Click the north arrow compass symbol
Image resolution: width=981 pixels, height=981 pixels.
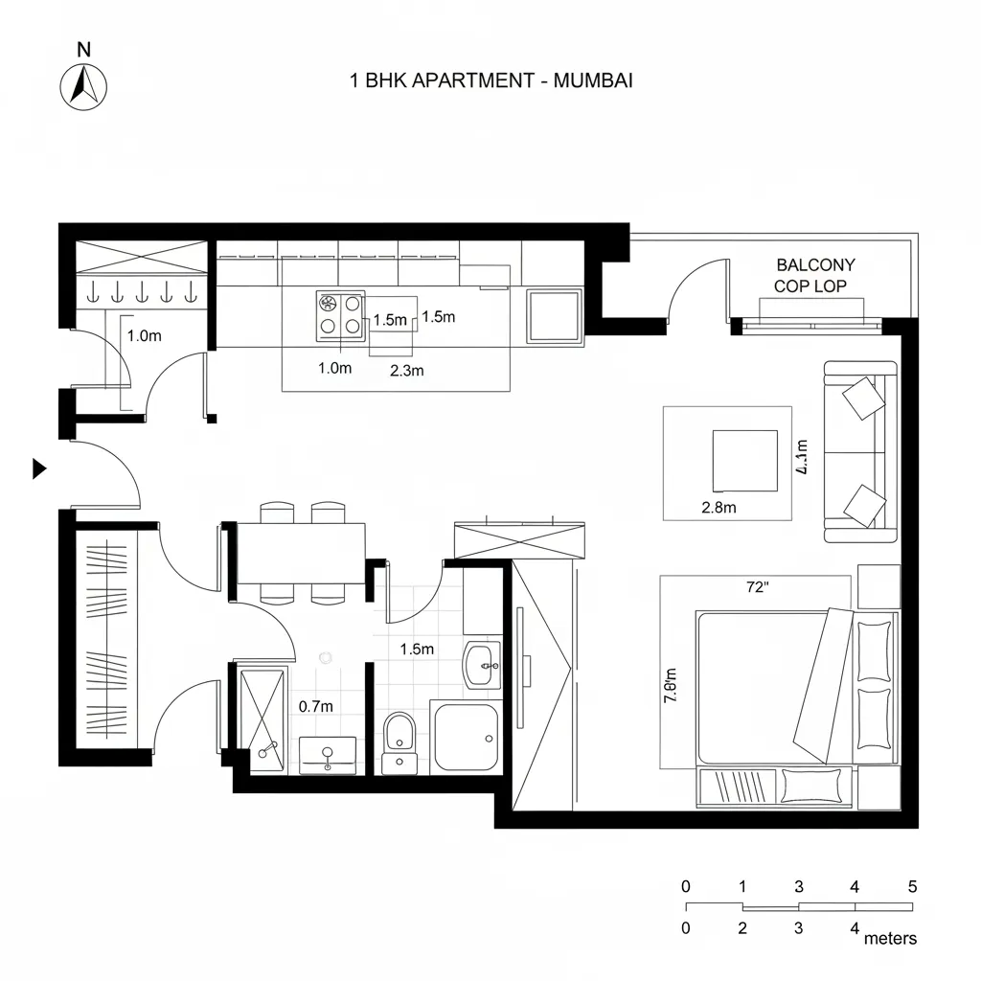click(x=84, y=85)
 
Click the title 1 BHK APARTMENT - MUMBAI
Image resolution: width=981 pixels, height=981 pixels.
click(x=491, y=80)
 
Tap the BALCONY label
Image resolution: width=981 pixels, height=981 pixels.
click(x=815, y=264)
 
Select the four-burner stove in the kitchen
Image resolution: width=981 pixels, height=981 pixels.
click(x=341, y=316)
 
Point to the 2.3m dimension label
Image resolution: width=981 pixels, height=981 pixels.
click(x=407, y=371)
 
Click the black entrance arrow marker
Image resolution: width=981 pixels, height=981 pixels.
click(x=39, y=468)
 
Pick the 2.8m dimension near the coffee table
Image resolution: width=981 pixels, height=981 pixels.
click(x=719, y=508)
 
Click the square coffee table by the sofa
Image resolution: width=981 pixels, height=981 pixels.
click(x=744, y=461)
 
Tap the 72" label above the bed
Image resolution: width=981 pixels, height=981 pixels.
click(x=757, y=588)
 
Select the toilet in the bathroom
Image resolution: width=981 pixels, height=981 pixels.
click(x=399, y=735)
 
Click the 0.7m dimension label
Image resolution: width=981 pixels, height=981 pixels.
click(x=316, y=706)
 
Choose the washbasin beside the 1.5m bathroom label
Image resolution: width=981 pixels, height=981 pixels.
click(x=482, y=664)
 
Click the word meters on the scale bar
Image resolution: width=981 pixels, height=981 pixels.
click(x=890, y=938)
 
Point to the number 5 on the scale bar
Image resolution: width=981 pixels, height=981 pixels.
click(x=912, y=886)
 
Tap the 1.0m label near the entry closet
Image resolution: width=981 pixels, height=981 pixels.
click(x=144, y=335)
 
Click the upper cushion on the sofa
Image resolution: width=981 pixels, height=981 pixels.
click(x=863, y=397)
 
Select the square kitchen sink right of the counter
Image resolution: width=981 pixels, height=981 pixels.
click(x=555, y=314)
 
